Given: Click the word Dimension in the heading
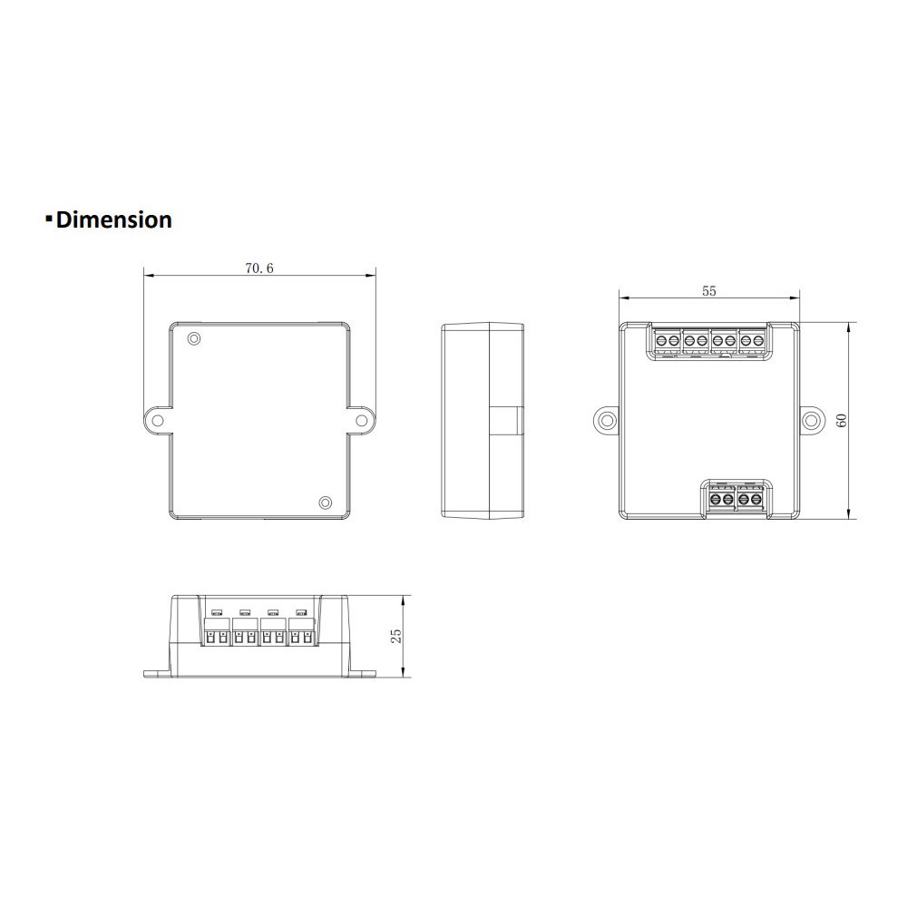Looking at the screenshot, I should pos(113,219).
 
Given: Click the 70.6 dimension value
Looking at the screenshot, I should pos(258,268).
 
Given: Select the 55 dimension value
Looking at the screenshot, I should pos(709,291).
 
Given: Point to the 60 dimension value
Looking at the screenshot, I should pos(841,421).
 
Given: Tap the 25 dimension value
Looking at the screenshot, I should pos(396,636).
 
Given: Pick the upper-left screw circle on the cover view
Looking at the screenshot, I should pos(194,339).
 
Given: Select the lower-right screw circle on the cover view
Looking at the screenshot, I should pos(325,502).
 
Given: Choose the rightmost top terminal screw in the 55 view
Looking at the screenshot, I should pos(756,341).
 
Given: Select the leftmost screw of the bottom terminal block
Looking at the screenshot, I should pos(716,498).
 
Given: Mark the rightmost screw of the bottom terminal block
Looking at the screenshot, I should pos(756,498).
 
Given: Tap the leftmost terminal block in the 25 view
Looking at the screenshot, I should pos(218,632).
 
